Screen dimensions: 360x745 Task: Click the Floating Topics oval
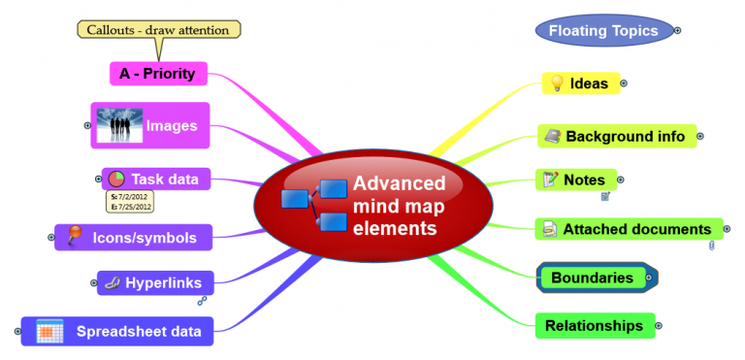coord(603,31)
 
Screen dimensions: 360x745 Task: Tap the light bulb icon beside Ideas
coord(557,83)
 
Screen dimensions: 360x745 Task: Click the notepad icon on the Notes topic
coord(550,180)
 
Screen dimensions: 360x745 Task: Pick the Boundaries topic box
coord(593,278)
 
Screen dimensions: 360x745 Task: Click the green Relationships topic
coord(595,326)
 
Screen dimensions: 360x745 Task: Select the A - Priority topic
coord(157,74)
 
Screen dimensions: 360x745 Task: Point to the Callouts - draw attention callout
coord(158,30)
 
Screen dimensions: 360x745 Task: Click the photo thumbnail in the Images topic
coord(119,126)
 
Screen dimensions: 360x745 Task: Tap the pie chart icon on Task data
coord(115,179)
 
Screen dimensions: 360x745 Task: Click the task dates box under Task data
coord(130,201)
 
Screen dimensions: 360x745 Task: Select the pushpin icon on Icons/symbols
coord(75,236)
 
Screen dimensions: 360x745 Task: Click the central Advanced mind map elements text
coord(399,206)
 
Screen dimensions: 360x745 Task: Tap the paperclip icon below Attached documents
coord(711,246)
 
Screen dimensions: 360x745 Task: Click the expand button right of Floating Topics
coord(677,31)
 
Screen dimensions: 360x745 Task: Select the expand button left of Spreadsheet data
coord(17,332)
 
